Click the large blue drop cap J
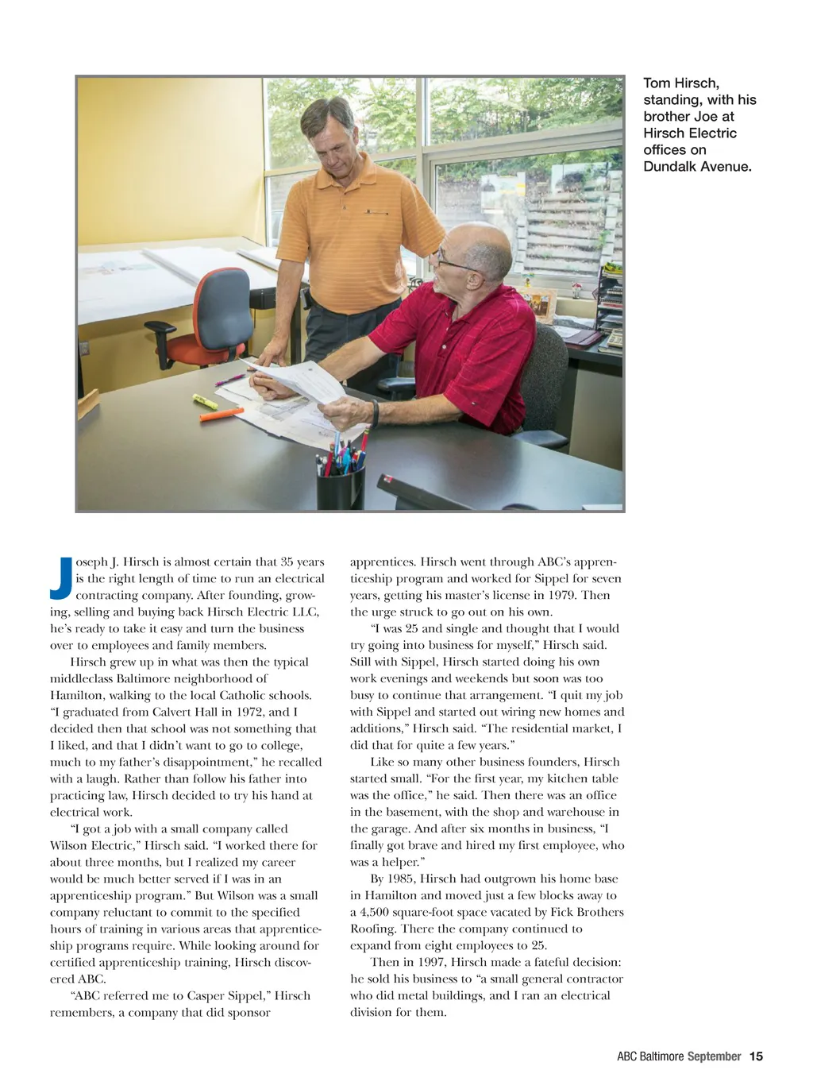point(61,577)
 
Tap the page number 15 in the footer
point(756,1056)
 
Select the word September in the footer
point(714,1056)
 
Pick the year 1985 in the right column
point(402,879)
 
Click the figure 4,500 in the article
point(377,912)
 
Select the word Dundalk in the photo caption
point(672,167)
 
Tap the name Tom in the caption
point(657,83)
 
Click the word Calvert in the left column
point(172,712)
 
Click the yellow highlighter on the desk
point(204,401)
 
